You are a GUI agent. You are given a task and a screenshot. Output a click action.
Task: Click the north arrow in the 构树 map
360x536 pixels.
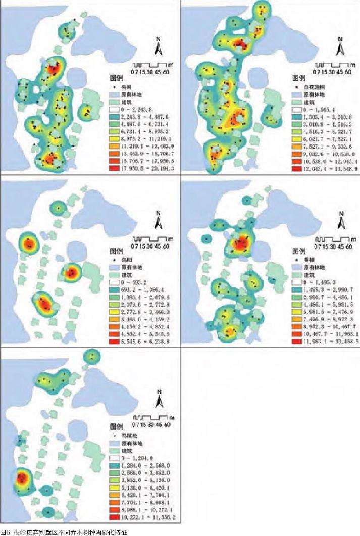click(159, 47)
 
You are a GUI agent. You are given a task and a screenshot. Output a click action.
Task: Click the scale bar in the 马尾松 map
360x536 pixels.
click(151, 418)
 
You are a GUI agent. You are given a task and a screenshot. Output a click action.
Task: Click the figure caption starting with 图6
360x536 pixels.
click(63, 532)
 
